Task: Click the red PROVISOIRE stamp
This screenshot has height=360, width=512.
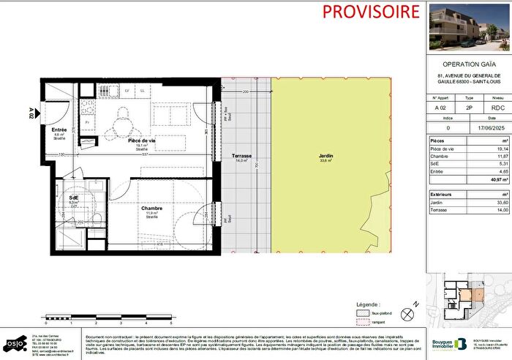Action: (x=361, y=12)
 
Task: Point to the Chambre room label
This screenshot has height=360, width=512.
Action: (x=152, y=208)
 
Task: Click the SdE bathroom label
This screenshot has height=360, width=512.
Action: (x=75, y=198)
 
